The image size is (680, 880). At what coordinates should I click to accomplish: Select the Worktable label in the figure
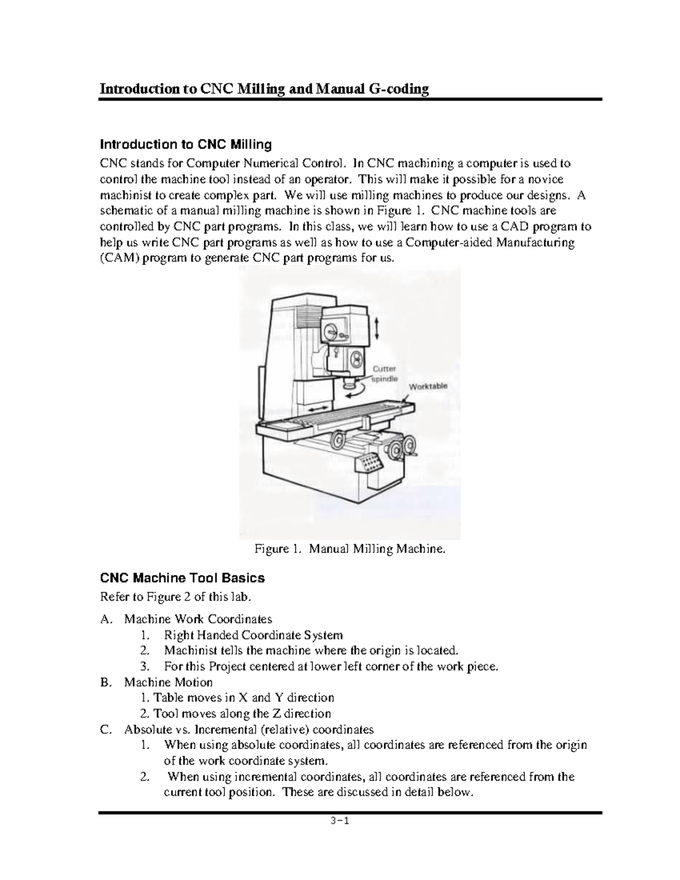pos(428,386)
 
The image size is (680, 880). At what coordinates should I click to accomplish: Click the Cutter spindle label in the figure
pos(384,373)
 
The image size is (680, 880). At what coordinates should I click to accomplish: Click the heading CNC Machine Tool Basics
pos(182,578)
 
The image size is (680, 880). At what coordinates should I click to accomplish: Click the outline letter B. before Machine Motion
pos(104,682)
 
